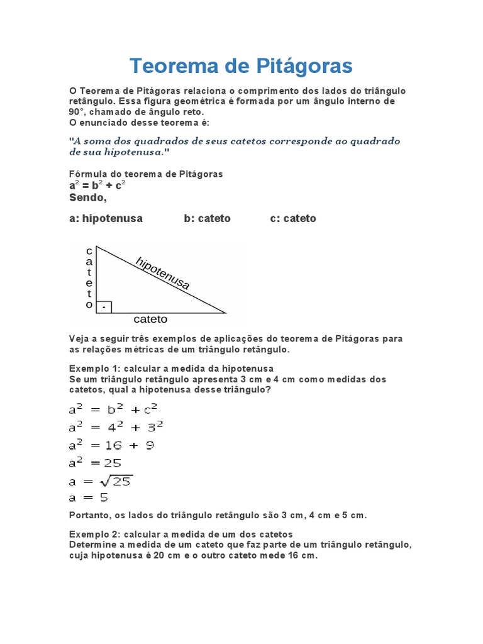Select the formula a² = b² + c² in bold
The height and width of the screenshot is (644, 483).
pyautogui.click(x=97, y=186)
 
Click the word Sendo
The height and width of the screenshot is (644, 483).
pyautogui.click(x=87, y=197)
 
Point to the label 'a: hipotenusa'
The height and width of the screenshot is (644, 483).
pyautogui.click(x=106, y=218)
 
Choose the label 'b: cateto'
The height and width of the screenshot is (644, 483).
pyautogui.click(x=207, y=218)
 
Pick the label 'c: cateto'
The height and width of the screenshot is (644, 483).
pyautogui.click(x=293, y=218)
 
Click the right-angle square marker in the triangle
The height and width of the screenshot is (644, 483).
pyautogui.click(x=104, y=307)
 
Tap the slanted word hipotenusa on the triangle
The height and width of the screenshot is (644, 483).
pyautogui.click(x=162, y=273)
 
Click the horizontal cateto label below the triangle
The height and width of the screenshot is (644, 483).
pyautogui.click(x=150, y=319)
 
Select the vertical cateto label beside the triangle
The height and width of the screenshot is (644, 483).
pyautogui.click(x=89, y=277)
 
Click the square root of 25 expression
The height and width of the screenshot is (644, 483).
pyautogui.click(x=116, y=481)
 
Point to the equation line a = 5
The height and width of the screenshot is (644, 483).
pyautogui.click(x=89, y=497)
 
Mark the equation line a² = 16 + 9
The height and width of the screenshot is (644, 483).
pyautogui.click(x=112, y=445)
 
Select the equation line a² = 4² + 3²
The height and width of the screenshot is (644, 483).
pyautogui.click(x=116, y=427)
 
